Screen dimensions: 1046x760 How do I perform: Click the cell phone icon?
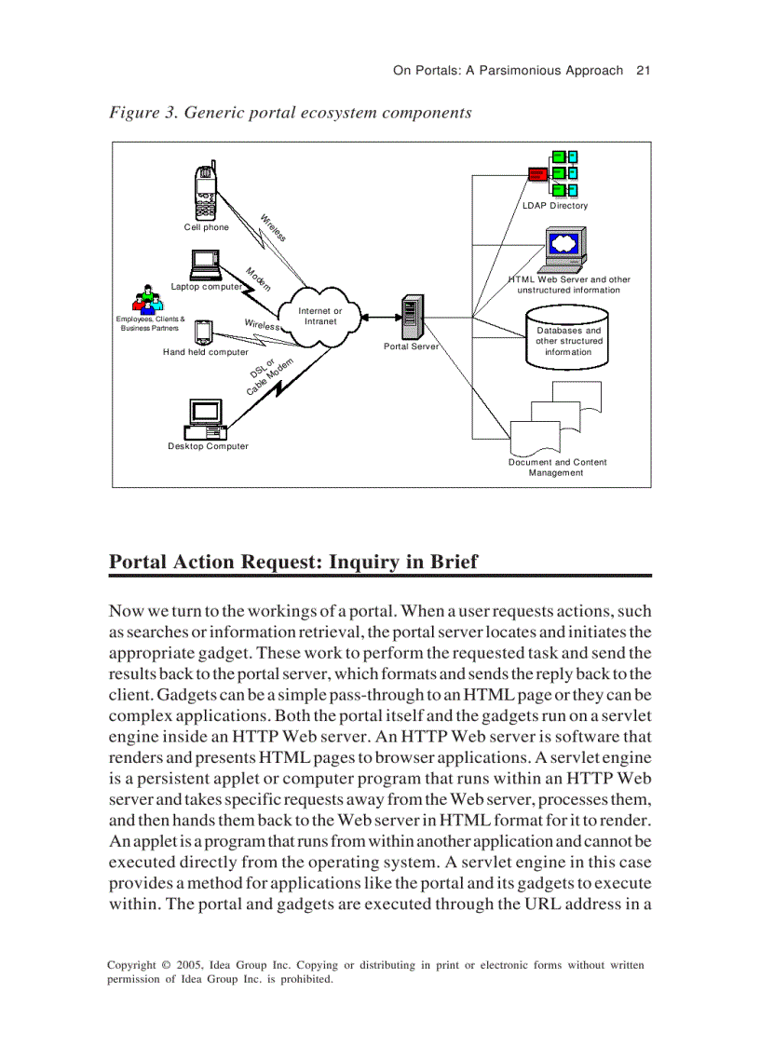click(x=205, y=191)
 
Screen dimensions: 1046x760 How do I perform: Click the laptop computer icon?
click(x=204, y=264)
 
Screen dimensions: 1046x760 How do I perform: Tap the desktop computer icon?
click(x=204, y=418)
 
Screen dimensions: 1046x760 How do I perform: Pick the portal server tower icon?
click(x=411, y=318)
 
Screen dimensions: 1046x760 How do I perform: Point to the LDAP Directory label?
click(x=555, y=206)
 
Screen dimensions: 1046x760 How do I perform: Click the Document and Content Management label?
click(x=557, y=467)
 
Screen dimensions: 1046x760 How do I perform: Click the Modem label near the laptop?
click(x=258, y=278)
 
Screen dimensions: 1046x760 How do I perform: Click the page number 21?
click(x=642, y=70)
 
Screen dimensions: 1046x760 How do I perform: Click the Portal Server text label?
click(x=411, y=346)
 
